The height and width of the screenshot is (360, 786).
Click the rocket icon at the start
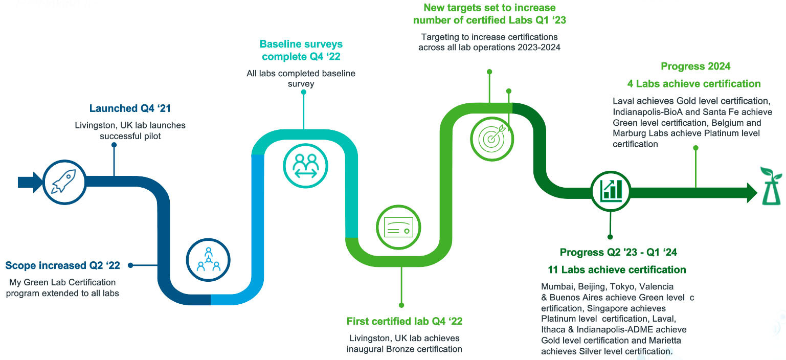coord(64,183)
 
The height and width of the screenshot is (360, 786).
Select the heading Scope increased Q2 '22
coord(62,265)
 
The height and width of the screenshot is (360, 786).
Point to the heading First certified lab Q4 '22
coord(404,322)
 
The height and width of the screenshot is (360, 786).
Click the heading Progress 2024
coord(695,66)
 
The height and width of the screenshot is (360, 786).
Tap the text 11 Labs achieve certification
coord(617,269)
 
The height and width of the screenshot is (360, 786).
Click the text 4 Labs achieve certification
coord(694,83)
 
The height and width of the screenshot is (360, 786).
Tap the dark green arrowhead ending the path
coord(751,192)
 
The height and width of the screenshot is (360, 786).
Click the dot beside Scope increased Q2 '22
coord(131,265)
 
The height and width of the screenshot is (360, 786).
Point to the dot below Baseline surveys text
coord(304,93)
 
